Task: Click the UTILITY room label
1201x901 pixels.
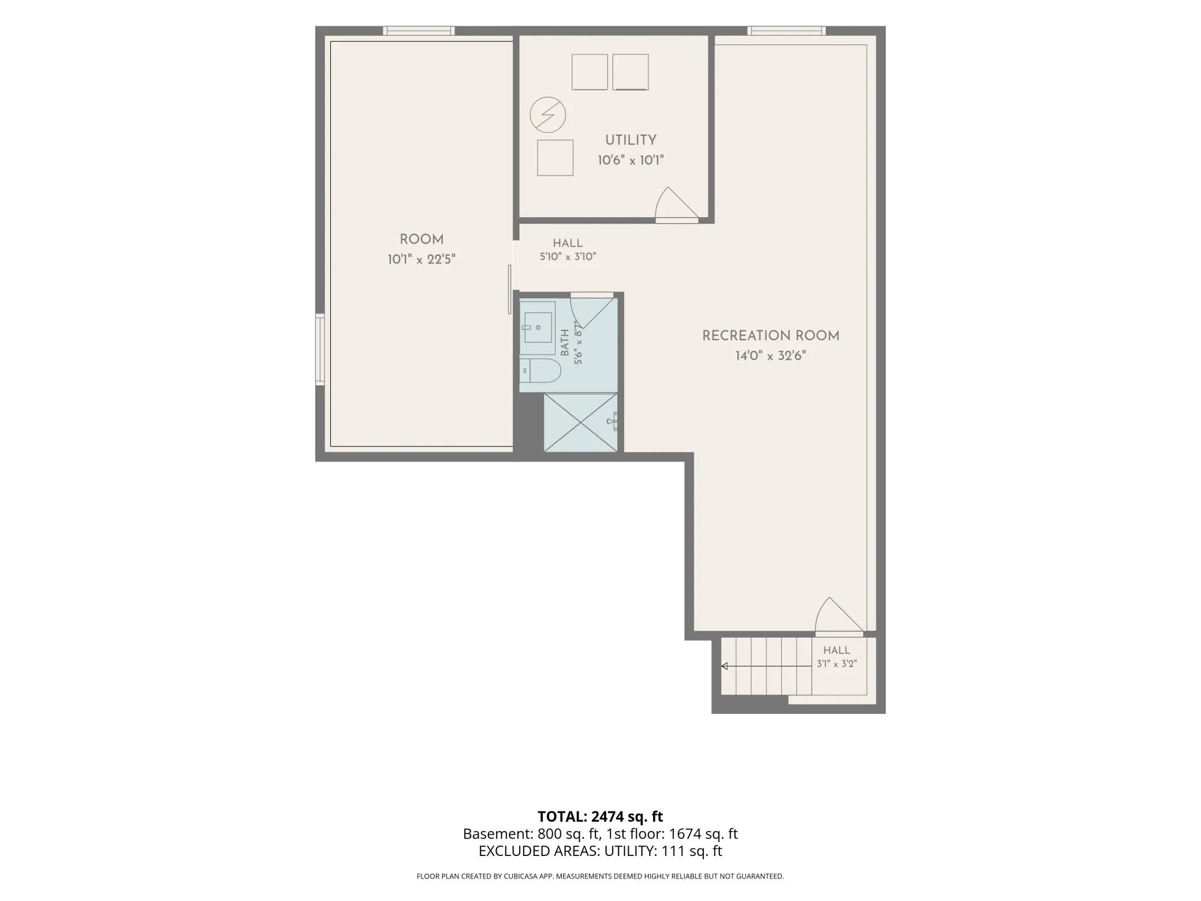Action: click(631, 140)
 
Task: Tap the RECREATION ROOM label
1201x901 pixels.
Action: click(770, 336)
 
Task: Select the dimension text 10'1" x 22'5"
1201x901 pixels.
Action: click(422, 259)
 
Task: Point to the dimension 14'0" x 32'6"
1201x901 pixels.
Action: click(770, 356)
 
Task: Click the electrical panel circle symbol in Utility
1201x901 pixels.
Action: click(547, 114)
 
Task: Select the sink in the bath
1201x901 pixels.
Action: click(538, 327)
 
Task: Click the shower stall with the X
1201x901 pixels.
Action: click(581, 422)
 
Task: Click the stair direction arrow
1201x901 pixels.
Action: click(766, 667)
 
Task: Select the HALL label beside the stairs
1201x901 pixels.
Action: click(837, 650)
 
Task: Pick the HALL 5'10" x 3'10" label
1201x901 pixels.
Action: click(568, 250)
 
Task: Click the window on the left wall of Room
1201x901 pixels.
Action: click(319, 349)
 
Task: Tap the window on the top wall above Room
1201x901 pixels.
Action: click(419, 31)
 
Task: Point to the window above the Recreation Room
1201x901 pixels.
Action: click(786, 31)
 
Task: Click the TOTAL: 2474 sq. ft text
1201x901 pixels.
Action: click(600, 817)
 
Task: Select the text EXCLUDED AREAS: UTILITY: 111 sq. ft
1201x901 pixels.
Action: click(600, 851)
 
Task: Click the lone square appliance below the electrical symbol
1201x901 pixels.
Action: click(555, 158)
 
